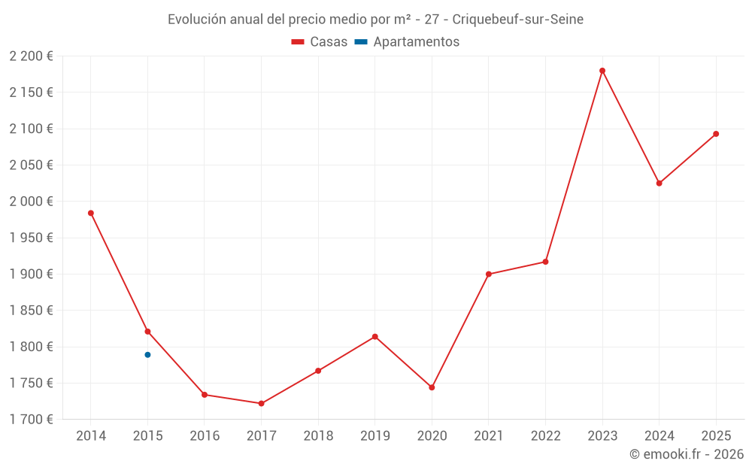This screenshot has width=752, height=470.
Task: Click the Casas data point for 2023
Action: click(602, 71)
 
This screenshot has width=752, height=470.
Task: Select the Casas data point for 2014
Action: click(91, 213)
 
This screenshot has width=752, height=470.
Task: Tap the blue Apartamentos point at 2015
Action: click(147, 355)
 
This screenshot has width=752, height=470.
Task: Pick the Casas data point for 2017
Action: click(261, 404)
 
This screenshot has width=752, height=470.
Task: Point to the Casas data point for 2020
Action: click(432, 387)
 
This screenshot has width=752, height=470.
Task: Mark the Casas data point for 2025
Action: click(716, 134)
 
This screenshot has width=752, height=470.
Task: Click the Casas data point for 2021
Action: click(489, 274)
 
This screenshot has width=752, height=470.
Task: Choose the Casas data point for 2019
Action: click(374, 336)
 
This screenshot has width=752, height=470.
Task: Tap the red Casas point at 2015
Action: click(147, 332)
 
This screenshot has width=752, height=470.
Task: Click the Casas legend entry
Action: click(320, 42)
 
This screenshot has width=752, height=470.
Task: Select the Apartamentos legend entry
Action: click(407, 42)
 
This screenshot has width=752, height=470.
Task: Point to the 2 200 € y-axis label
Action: click(32, 56)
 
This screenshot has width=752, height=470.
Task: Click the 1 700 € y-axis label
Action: click(32, 420)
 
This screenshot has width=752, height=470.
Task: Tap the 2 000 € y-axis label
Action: click(32, 202)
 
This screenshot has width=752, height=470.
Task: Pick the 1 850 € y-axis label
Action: click(32, 311)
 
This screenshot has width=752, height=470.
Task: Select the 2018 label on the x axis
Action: click(318, 436)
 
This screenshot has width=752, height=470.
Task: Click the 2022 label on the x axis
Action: click(545, 436)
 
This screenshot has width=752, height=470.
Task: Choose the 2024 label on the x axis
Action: click(659, 436)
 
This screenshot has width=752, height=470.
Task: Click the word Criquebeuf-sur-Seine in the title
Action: click(517, 20)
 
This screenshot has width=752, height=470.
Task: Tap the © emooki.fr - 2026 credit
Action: click(687, 454)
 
